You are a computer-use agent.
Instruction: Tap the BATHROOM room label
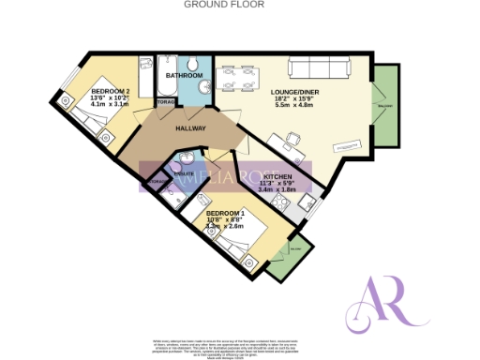pos(184,74)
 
